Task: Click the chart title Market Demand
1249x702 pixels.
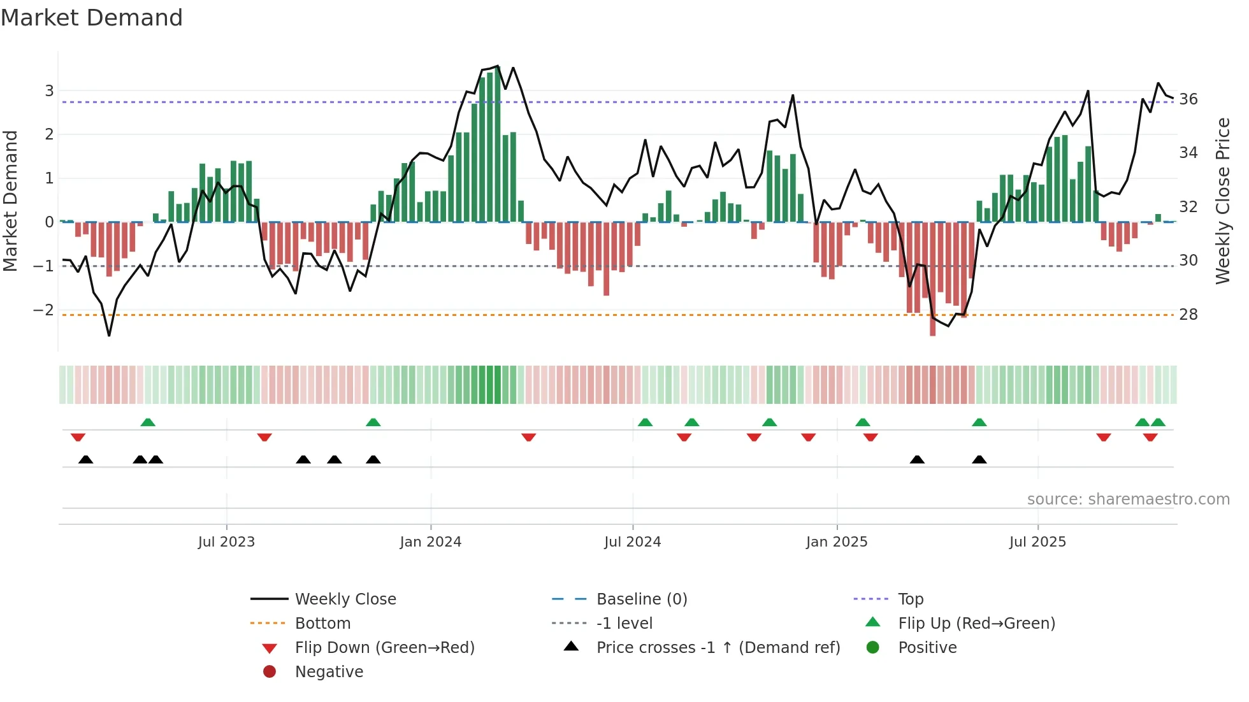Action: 92,18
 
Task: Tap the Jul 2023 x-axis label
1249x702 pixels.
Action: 226,542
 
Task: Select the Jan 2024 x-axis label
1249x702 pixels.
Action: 431,542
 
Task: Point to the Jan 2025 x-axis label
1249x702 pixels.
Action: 837,542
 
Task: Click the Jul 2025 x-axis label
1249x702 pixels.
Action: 1037,542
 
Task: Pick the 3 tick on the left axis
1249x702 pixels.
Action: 49,91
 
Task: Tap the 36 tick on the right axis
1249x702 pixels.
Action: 1188,99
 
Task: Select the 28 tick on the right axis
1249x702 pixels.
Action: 1188,315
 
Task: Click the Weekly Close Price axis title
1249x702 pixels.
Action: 1222,201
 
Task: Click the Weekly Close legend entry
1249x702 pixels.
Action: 345,599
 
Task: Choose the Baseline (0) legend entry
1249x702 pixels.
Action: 642,599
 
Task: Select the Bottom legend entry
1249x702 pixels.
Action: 322,624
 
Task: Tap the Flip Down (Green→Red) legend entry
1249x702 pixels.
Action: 384,648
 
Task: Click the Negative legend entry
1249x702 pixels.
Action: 329,672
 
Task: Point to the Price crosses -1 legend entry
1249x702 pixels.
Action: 718,648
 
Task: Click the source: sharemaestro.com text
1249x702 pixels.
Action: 1128,499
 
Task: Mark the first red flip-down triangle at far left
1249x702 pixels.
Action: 78,437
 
